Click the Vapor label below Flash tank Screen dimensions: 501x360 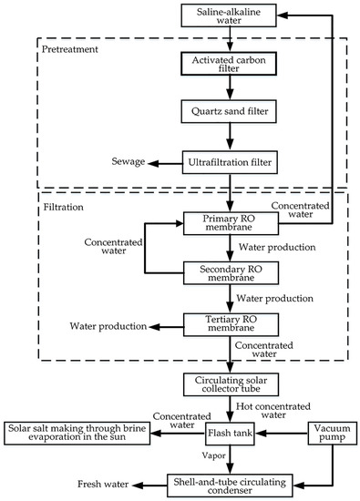click(213, 455)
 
